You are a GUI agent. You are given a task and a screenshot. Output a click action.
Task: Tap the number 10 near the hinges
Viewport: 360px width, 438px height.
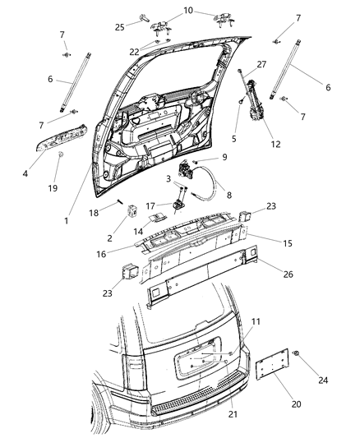tap(188, 11)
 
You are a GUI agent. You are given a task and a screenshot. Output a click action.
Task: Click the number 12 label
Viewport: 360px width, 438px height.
tap(275, 144)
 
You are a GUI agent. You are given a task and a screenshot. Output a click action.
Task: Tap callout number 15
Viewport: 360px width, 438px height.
tap(288, 243)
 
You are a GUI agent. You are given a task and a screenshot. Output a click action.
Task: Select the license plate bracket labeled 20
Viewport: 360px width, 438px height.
tap(275, 363)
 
